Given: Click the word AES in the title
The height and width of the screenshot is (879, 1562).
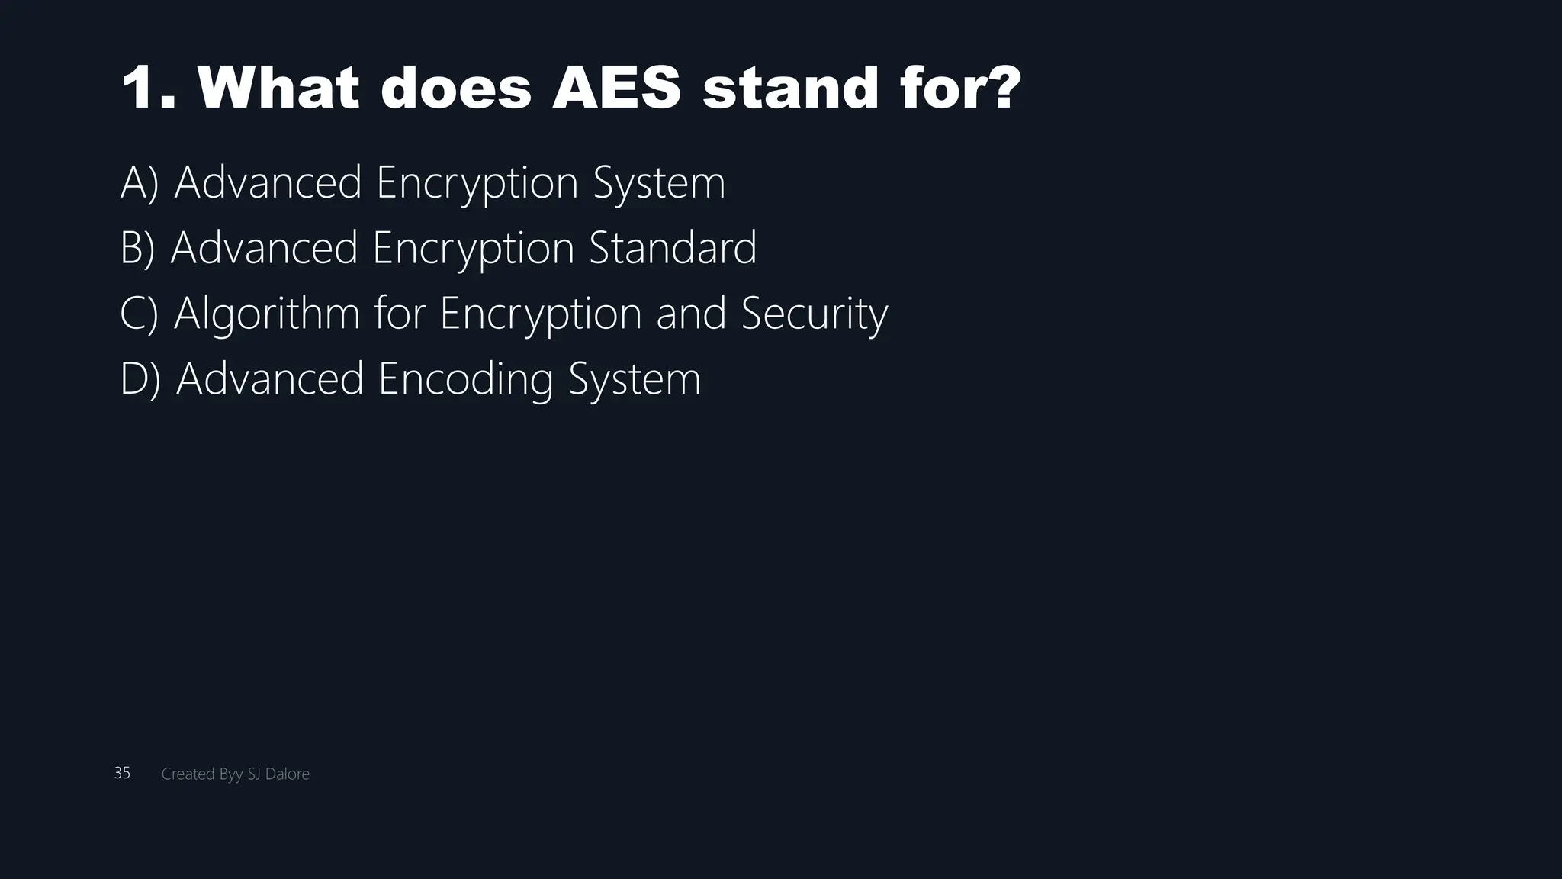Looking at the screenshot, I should pos(615,88).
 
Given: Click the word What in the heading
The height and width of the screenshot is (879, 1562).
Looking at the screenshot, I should pos(278,88).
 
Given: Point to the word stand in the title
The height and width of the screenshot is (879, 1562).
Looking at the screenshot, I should pos(790,88).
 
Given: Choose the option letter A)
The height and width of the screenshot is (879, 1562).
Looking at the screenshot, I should pos(140,183).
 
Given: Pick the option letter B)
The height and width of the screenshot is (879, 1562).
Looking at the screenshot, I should pos(138,248).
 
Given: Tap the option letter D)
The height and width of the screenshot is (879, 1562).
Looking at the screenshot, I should pos(140,379).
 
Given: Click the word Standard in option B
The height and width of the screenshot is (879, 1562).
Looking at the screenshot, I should pos(673,248).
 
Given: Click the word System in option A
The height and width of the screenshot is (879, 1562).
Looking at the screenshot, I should pos(659,183).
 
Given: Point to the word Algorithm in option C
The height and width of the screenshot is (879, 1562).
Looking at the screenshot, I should pos(267,314).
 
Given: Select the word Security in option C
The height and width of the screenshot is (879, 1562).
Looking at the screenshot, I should pos(815,314).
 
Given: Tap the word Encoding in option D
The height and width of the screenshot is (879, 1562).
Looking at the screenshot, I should pos(465,379).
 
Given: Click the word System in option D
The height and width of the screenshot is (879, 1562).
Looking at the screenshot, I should pos(635,379).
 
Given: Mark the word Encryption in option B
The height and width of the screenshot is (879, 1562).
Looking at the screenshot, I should pos(473,248).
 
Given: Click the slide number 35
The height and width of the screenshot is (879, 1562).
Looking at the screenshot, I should pos(122,773).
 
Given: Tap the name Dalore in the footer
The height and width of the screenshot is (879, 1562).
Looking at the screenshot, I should pos(288,774).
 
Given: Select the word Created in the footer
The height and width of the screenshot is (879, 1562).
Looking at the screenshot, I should pos(188,774).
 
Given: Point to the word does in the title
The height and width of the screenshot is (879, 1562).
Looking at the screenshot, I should pos(455,88).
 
